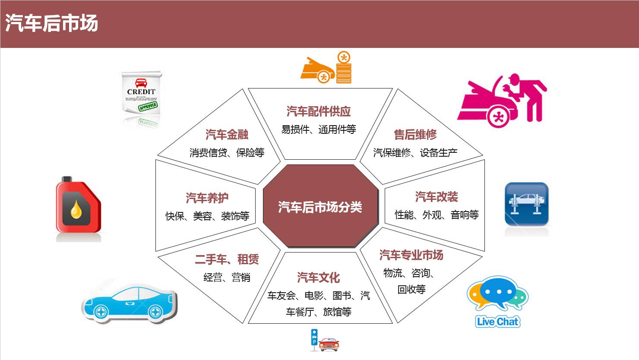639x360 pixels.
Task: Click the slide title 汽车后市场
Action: (51, 23)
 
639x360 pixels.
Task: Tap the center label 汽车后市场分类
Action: (320, 207)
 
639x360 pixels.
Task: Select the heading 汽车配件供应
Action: (319, 112)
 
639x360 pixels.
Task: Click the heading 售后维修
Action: (415, 135)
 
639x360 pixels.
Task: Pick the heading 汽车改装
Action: (437, 197)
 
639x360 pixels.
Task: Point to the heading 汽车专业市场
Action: (411, 255)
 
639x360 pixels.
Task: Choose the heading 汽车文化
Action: (318, 278)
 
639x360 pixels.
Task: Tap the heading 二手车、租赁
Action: (227, 259)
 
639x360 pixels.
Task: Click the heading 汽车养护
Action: (207, 198)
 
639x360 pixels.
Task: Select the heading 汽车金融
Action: (227, 135)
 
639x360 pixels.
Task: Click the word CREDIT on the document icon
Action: (141, 92)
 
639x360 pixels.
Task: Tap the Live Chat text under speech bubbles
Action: (497, 322)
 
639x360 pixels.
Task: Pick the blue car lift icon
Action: (526, 204)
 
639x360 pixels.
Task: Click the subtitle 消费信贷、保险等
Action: (227, 153)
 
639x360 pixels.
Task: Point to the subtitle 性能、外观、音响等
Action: (437, 215)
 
